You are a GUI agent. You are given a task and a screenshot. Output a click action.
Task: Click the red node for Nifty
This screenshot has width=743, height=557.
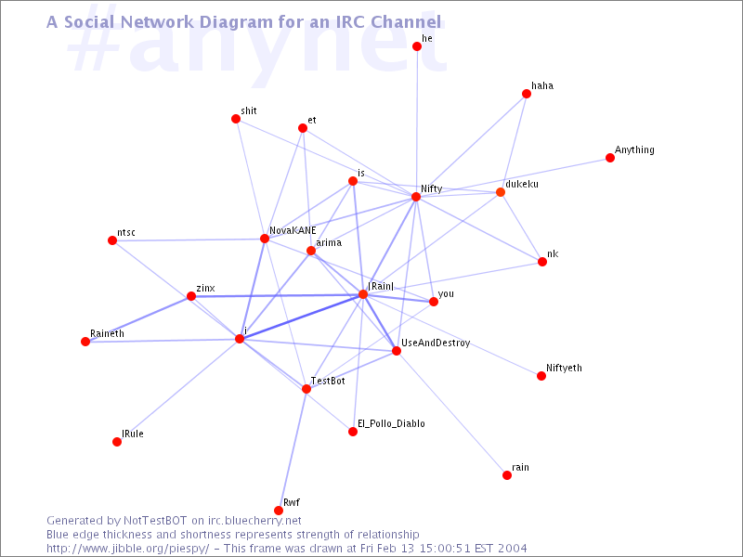[416, 197]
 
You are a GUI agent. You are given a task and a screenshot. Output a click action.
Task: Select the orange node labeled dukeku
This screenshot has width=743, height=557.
[501, 192]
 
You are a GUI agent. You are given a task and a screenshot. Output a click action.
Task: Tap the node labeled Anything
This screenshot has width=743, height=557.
[610, 158]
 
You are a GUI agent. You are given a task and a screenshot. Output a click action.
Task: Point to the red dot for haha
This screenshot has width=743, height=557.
[527, 94]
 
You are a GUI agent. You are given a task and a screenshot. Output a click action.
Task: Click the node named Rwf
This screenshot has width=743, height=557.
[279, 510]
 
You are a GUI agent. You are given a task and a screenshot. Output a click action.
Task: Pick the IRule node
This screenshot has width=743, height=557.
[117, 442]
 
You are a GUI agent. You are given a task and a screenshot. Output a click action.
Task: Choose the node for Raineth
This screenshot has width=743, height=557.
[85, 342]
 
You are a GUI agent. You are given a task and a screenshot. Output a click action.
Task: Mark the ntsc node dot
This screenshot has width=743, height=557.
[112, 240]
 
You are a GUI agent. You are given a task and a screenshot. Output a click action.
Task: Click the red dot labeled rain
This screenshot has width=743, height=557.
[507, 475]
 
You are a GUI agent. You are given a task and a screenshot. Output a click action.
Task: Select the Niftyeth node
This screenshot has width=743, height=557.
[541, 376]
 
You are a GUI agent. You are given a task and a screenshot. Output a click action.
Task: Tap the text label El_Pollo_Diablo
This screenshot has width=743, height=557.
[391, 423]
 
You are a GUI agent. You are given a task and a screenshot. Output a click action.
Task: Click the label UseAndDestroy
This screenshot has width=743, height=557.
[436, 343]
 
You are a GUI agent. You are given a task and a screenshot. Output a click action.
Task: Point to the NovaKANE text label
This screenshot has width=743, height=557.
[293, 230]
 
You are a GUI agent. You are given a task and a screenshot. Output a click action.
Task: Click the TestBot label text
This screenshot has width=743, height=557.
[328, 381]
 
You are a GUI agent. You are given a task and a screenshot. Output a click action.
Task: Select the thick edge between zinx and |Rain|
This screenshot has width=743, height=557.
[277, 295]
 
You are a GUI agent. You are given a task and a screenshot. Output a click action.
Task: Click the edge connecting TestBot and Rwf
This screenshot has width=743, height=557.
[293, 449]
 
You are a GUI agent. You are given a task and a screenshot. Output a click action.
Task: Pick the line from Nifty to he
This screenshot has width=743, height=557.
[416, 122]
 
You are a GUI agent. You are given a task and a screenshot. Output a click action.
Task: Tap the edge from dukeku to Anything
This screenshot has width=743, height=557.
[555, 175]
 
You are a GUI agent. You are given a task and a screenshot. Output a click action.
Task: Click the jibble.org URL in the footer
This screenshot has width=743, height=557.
[128, 549]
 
